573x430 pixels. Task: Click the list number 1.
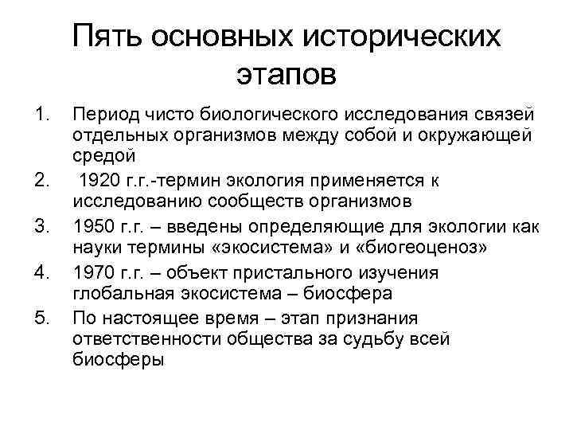(x=44, y=119)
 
